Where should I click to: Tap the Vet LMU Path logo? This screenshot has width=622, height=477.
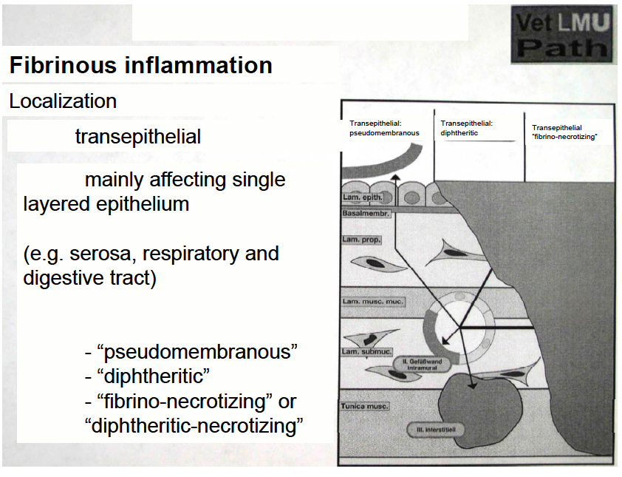[x=562, y=35]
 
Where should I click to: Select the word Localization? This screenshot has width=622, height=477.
[x=63, y=101]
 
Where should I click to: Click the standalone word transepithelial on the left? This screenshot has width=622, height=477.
[x=137, y=137]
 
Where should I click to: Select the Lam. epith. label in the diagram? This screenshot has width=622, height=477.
[x=361, y=197]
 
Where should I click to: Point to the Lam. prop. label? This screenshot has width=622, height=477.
[x=360, y=240]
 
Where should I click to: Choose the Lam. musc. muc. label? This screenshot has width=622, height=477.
[x=372, y=302]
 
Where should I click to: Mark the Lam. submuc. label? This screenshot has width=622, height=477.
[x=366, y=351]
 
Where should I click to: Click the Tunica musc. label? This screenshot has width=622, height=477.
[x=365, y=406]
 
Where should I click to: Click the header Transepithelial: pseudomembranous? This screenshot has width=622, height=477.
[x=385, y=129]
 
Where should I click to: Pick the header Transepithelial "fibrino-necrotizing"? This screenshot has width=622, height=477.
[x=564, y=132]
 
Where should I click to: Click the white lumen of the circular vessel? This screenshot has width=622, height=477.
[x=458, y=325]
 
